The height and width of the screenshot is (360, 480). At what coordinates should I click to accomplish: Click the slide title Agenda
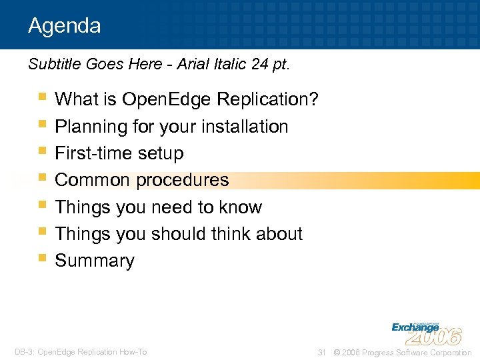(65, 26)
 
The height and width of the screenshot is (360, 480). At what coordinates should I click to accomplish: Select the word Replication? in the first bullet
(274, 100)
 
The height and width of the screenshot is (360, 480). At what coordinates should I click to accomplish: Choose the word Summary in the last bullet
(95, 261)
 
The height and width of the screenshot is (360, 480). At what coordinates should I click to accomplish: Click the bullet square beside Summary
(43, 257)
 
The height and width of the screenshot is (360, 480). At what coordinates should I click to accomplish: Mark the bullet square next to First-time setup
(43, 150)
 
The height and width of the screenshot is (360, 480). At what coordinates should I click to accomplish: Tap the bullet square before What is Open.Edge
(43, 97)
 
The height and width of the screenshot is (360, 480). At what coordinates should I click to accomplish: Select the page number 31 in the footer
(321, 352)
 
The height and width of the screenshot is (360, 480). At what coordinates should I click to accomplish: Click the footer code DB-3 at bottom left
(24, 352)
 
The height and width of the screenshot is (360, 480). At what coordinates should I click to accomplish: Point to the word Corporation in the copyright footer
(448, 352)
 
